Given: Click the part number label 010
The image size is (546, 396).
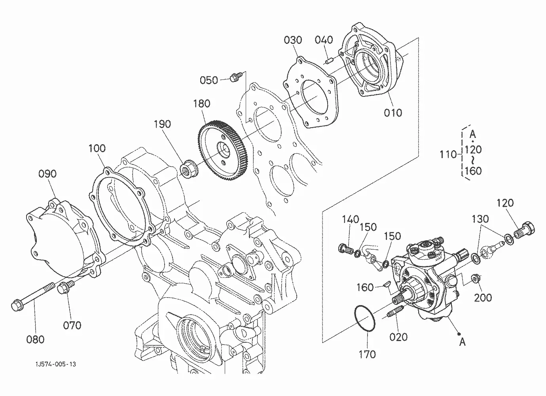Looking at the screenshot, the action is [x=392, y=113].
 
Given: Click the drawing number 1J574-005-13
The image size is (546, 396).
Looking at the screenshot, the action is [x=56, y=364].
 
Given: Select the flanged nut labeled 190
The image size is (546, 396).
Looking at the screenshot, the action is [x=189, y=168].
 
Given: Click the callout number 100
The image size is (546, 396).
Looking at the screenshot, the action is [x=97, y=148].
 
